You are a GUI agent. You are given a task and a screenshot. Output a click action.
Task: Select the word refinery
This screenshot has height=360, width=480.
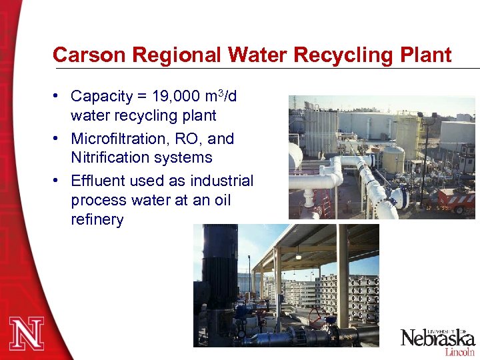(97, 219)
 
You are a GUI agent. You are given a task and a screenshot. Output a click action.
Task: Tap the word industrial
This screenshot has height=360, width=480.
(222, 181)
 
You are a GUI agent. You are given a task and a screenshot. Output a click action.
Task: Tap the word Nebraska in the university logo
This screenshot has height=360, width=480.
(437, 337)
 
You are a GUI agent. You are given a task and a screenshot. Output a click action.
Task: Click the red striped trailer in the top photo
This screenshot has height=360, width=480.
(457, 199)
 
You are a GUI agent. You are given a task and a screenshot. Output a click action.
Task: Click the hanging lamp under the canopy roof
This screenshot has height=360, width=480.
(298, 255)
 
